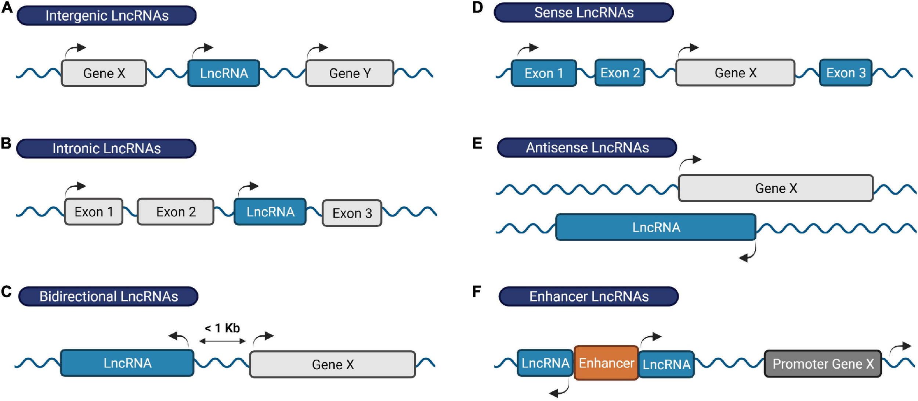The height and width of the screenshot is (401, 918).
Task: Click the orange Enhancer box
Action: click(606, 363)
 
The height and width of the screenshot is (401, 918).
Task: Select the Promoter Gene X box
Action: click(823, 364)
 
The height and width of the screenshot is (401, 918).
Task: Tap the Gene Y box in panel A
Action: click(350, 73)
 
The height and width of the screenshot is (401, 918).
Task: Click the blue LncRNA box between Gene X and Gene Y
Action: click(224, 73)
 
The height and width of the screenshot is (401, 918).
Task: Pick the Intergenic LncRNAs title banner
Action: click(106, 15)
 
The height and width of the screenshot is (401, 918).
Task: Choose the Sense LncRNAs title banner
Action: click(583, 12)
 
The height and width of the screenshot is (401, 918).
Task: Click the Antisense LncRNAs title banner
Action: click(587, 147)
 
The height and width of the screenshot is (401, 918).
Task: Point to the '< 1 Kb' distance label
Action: click(222, 328)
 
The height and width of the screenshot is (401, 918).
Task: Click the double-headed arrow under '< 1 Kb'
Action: click(222, 341)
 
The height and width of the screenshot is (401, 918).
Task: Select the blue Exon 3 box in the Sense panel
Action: click(846, 73)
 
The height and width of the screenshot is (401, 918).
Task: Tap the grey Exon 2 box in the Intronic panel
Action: click(176, 212)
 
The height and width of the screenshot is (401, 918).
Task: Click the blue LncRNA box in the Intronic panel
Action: click(270, 212)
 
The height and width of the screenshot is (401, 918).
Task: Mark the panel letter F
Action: click(477, 291)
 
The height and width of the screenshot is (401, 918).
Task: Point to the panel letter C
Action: click(6, 291)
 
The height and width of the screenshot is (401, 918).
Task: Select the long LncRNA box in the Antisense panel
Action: click(656, 227)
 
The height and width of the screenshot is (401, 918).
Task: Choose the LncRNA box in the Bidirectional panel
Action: click(127, 363)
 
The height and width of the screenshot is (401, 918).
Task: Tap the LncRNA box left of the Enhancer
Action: click(545, 363)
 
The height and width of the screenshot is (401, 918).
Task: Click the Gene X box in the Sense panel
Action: click(735, 73)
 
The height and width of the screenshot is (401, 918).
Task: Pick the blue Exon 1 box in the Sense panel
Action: click(544, 73)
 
